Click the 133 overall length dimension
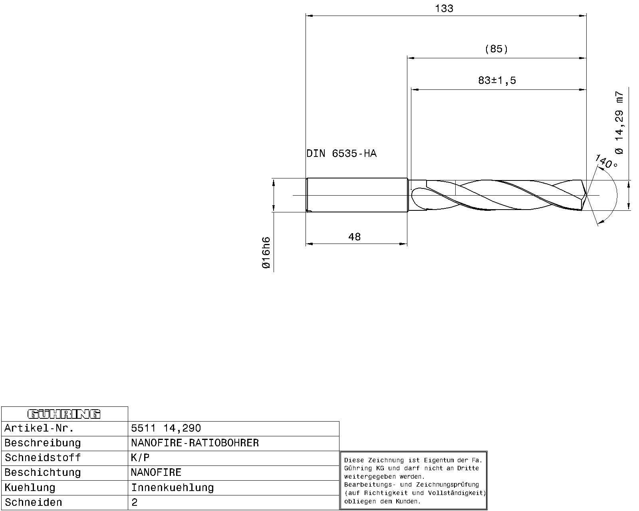(x=444, y=9)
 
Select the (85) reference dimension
(x=496, y=49)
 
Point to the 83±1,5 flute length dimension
(x=497, y=81)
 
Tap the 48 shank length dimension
(x=354, y=237)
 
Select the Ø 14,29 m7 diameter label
(x=619, y=123)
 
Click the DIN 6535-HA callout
(x=341, y=154)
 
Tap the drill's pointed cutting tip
(x=585, y=195)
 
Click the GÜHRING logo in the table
(x=64, y=414)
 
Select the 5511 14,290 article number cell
(x=166, y=428)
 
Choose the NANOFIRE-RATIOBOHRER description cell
(x=195, y=443)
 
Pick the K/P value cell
(x=140, y=458)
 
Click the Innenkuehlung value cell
(x=173, y=488)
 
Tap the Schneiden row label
(x=34, y=503)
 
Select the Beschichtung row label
(x=43, y=473)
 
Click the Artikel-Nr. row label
(x=39, y=428)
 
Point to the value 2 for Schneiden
(x=135, y=503)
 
